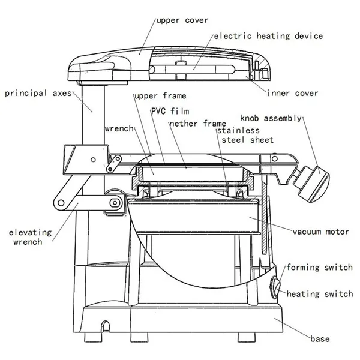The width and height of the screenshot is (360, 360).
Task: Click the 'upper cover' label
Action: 182,20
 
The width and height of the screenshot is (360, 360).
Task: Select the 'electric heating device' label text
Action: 268,36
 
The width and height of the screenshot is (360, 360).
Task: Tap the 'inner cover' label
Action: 293,93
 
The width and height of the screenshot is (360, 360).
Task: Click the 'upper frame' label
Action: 160,95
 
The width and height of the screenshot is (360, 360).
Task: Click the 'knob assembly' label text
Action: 271,118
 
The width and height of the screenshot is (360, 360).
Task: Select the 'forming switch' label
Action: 319,268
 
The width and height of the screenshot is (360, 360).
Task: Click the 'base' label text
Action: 320,340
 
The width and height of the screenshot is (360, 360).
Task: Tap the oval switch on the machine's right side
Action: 277,286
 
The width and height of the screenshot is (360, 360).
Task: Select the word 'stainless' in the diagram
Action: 238,130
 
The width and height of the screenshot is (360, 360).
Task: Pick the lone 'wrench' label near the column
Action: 119,128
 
